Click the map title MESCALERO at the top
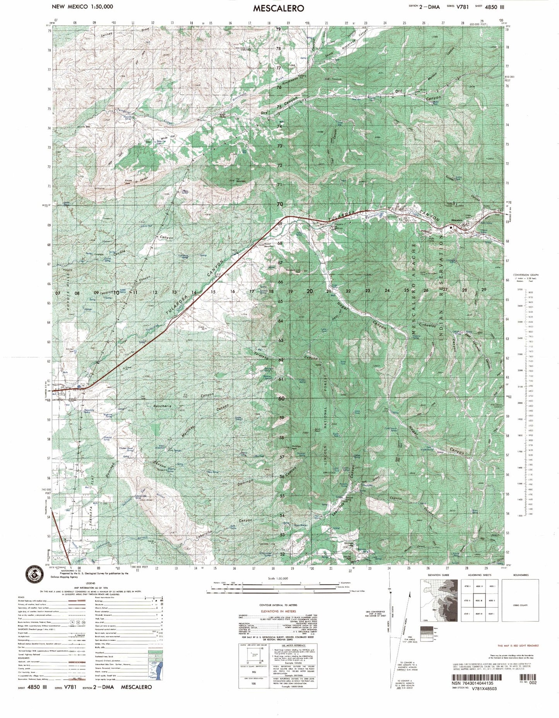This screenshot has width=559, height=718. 279,8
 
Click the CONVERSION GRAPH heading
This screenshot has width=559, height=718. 526,274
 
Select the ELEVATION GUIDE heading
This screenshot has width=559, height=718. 438,575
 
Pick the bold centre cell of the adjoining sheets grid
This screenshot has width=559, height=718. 479,600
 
